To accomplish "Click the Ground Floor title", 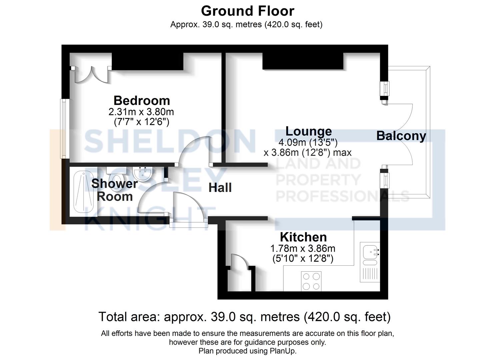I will coord(247,11).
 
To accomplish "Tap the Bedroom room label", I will coord(142,100).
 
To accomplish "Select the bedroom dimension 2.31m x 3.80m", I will coord(141,111).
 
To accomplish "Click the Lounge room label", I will coord(309,131).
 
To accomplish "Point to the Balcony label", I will coord(401,136).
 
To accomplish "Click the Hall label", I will coord(220,188).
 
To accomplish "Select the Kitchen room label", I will coord(303,237).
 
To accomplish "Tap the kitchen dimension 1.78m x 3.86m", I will coord(303,248).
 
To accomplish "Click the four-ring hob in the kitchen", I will coord(311,281).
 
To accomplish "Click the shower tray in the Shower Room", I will coord(83,192).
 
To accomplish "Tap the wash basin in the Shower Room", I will coord(143,173).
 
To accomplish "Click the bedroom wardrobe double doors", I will coord(90,74).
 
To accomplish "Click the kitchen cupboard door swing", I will coord(239,261).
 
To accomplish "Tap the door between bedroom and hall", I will coord(193,150).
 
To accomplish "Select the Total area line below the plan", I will coord(244,317).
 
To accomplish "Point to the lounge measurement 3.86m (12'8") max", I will coord(307,153).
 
